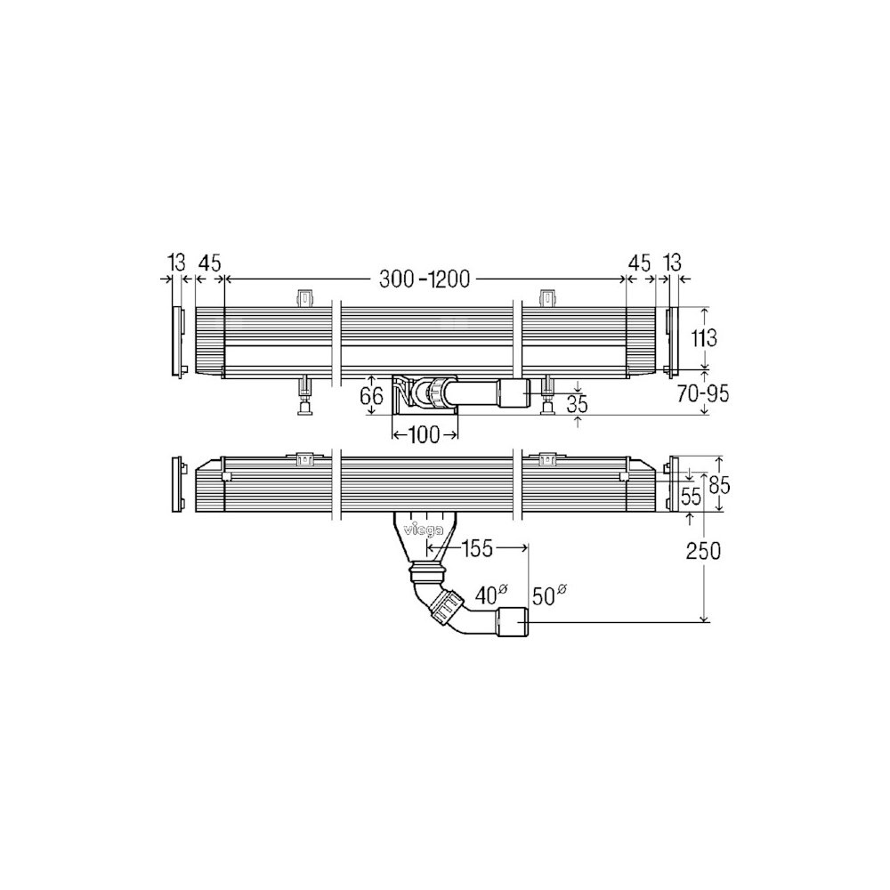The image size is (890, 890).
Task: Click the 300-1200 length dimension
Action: (425, 279)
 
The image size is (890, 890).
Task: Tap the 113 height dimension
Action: (704, 338)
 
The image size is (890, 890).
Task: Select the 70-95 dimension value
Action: (703, 393)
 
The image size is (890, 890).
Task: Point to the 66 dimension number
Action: (372, 396)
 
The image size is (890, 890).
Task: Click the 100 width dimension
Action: (424, 435)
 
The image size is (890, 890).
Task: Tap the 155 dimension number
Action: (478, 548)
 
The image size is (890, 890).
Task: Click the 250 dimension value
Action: (704, 551)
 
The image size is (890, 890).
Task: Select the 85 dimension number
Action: (718, 485)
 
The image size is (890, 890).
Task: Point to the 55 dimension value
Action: (691, 498)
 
